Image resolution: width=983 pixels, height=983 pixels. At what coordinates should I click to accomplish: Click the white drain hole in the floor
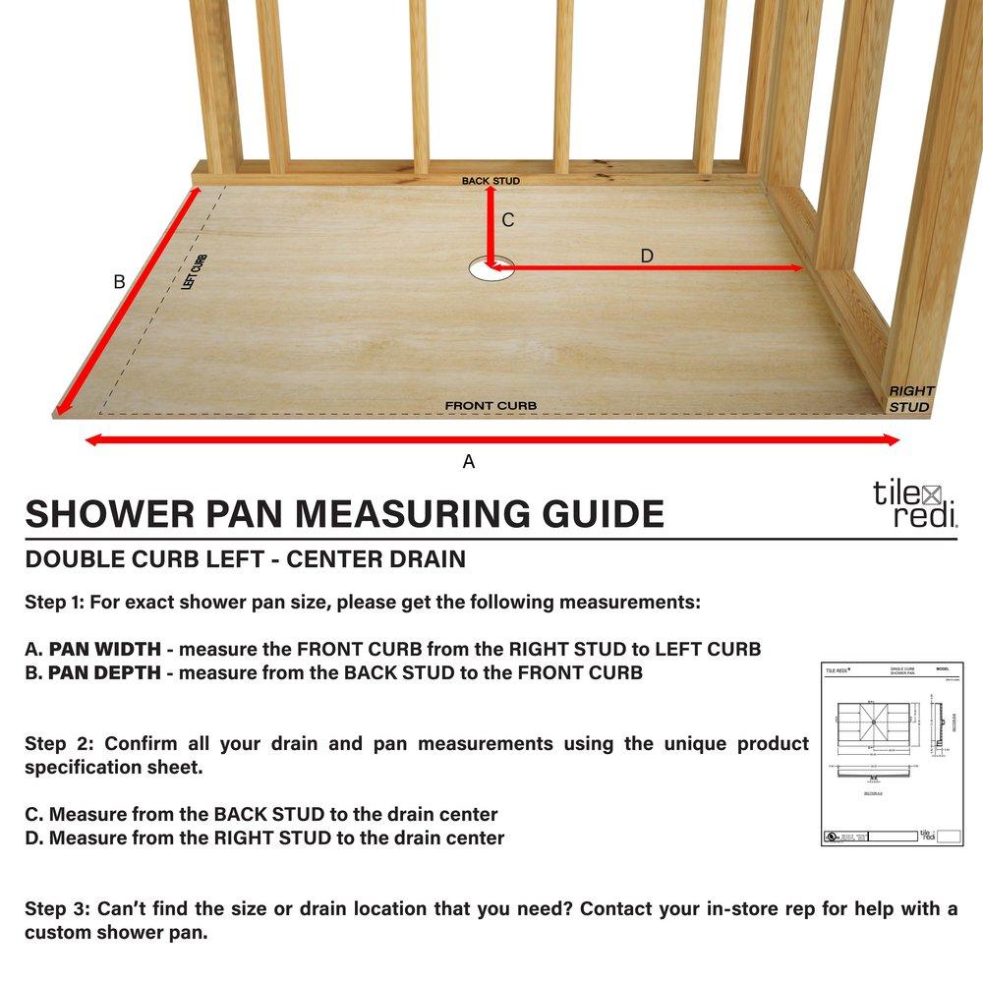point(485,268)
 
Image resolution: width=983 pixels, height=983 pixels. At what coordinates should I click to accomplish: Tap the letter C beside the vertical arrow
point(507,220)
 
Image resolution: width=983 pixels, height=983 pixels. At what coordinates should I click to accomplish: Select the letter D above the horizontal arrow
point(646,256)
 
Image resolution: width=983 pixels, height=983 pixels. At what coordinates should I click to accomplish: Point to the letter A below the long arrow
point(469,461)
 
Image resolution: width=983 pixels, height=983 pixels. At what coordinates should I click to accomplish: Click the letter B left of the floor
point(119,282)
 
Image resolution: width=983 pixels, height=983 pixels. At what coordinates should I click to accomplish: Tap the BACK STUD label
point(491,181)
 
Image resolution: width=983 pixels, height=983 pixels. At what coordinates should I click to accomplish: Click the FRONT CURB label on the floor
point(491,406)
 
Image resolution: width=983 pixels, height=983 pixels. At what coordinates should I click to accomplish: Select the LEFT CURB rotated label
point(194,271)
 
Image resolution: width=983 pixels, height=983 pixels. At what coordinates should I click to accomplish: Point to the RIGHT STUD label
point(911,398)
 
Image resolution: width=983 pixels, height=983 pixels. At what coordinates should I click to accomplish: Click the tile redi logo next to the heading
point(914,503)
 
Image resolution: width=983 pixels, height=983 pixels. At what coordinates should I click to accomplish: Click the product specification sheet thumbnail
point(892,754)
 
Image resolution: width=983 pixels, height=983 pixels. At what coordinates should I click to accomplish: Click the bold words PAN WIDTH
point(108,650)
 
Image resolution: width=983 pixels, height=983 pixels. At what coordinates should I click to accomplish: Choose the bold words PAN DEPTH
point(107,673)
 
